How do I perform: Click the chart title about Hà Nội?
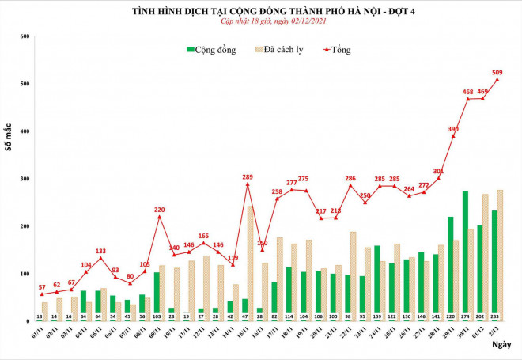tap(262, 11)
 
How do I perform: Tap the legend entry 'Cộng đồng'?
tap(211, 50)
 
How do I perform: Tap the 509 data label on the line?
tap(497, 73)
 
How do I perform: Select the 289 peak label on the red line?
tap(248, 176)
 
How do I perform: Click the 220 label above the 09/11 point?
tap(159, 210)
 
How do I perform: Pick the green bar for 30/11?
tap(465, 253)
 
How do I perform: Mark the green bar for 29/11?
tap(450, 267)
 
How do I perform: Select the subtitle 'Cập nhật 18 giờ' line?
tap(261, 21)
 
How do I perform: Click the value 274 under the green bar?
tap(465, 316)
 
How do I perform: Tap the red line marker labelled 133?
tap(100, 258)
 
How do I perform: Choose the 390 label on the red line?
tap(453, 128)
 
